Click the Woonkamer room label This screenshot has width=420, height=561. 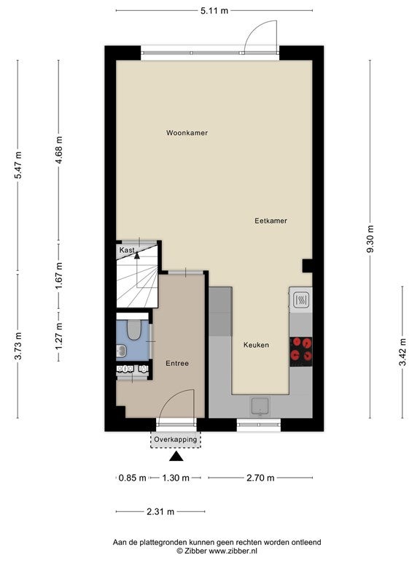(187, 133)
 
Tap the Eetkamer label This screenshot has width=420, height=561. (271, 221)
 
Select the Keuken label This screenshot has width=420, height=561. (256, 345)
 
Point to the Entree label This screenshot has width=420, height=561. (177, 364)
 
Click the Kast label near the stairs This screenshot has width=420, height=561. (127, 250)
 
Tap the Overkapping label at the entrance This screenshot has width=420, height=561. (175, 439)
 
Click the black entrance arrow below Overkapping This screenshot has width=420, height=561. (176, 457)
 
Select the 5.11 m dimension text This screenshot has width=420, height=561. (214, 11)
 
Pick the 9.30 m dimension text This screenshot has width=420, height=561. (370, 239)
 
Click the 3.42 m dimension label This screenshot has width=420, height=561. (402, 352)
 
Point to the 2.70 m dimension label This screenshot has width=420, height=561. (260, 478)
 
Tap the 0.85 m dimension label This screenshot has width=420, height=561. (133, 478)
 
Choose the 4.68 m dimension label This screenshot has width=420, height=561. (59, 150)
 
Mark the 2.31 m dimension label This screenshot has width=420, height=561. (160, 511)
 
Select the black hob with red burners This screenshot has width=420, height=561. (300, 351)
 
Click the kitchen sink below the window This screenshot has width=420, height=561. (260, 406)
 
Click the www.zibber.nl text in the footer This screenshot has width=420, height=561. (233, 551)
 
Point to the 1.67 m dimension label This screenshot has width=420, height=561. (59, 276)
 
